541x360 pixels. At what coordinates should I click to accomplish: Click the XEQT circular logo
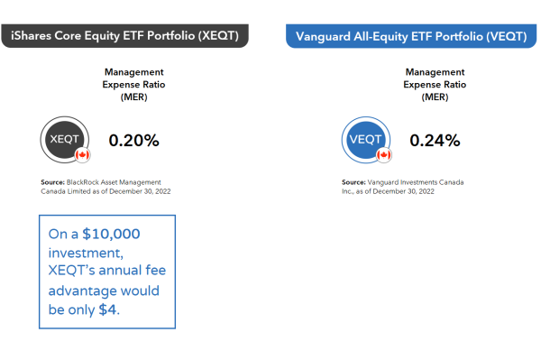tap(64, 140)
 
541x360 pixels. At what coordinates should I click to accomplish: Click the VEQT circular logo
tap(365, 140)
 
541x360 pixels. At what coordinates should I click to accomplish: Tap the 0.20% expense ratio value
tap(133, 140)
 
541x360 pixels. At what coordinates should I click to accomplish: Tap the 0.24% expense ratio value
tap(435, 140)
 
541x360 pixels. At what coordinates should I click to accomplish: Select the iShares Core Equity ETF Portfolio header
tap(125, 35)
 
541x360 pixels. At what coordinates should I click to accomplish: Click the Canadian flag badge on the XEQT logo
tap(83, 156)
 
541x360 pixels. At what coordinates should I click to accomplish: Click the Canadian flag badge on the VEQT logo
tap(384, 156)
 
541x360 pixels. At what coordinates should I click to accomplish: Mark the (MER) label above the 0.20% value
tap(133, 97)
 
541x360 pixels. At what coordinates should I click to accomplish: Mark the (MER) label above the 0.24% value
tap(435, 97)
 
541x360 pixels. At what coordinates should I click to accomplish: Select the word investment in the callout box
tap(88, 253)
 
